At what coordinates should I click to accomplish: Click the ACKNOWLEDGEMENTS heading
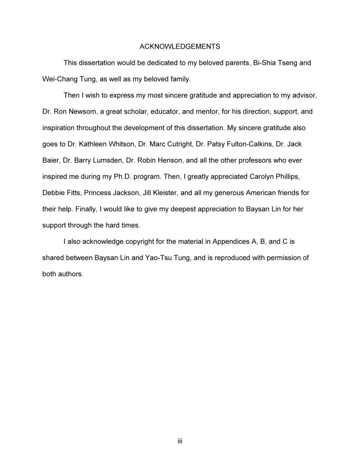[180, 46]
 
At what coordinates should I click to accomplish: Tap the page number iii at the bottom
[180, 441]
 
